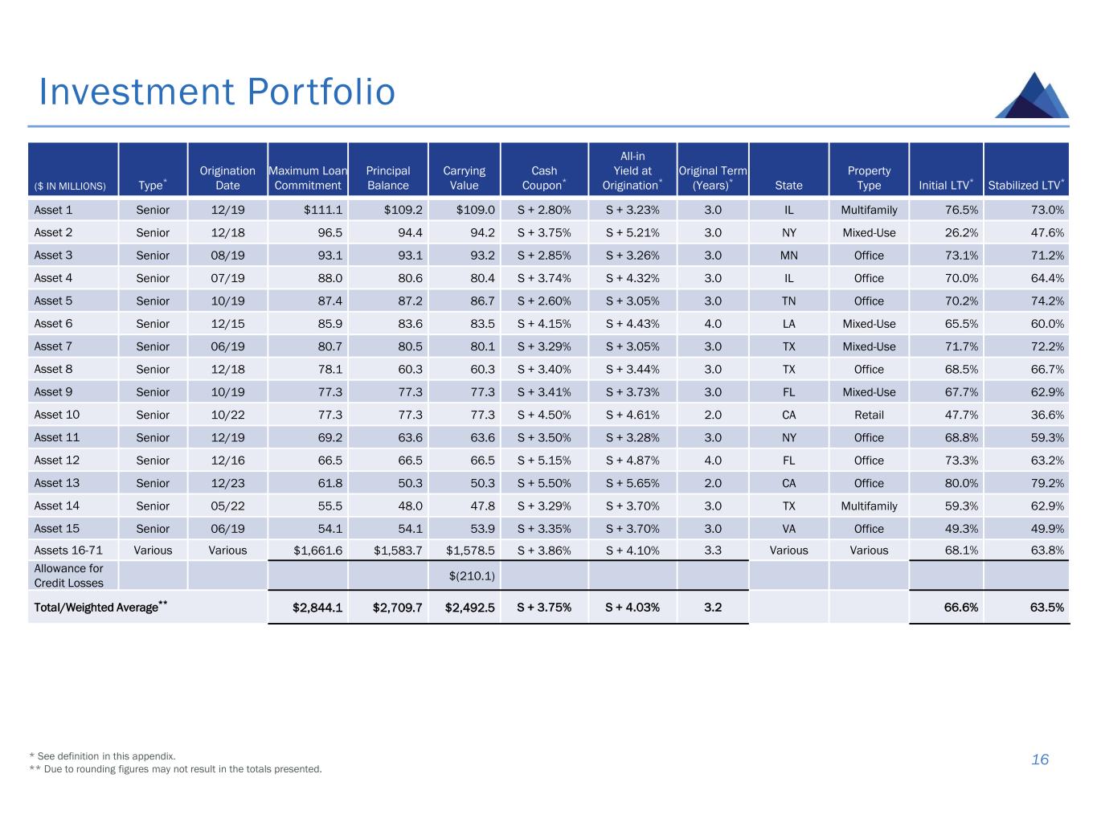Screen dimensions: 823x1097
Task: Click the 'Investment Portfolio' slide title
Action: (217, 92)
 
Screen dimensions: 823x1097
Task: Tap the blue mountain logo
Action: (1032, 96)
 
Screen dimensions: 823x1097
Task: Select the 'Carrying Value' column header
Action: (464, 178)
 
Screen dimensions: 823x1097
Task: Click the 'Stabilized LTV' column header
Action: (1026, 185)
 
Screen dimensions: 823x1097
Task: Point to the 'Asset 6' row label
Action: (53, 323)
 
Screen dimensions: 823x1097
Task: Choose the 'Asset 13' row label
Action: (56, 483)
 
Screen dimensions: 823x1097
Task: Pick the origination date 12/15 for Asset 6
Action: (227, 323)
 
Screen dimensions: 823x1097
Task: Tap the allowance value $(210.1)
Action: (472, 575)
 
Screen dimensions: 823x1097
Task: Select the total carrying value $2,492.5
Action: (470, 607)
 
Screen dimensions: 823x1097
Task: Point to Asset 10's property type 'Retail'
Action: (869, 415)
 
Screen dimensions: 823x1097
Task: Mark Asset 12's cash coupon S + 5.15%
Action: (544, 461)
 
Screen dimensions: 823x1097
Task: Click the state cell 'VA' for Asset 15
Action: (788, 529)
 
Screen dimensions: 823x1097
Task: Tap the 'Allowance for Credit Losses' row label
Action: (69, 575)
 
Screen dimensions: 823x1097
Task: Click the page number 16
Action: (1040, 760)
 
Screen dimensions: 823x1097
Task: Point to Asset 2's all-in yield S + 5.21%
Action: (632, 232)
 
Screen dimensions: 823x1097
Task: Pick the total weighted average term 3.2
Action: (713, 607)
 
